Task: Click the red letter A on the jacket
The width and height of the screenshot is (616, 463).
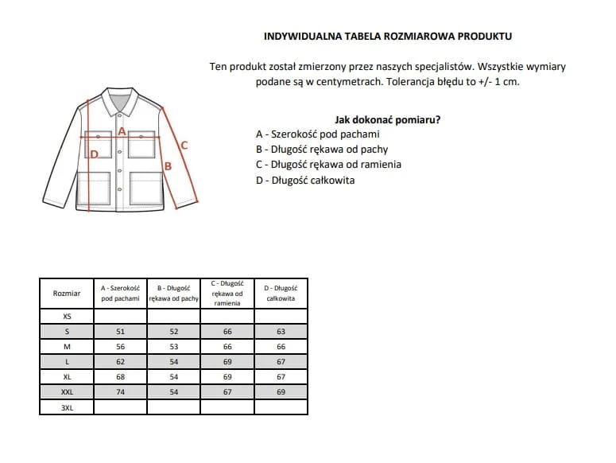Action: click(122, 130)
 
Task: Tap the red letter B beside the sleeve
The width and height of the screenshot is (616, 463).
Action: click(168, 166)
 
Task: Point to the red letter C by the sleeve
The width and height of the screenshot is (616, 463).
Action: click(184, 145)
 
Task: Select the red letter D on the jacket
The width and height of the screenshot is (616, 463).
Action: click(94, 154)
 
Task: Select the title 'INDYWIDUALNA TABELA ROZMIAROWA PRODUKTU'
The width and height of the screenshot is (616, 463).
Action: click(387, 36)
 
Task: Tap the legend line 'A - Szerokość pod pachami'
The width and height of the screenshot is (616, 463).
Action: click(318, 134)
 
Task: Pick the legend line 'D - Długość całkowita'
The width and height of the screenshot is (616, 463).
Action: click(305, 180)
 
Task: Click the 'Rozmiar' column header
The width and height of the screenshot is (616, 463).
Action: click(67, 294)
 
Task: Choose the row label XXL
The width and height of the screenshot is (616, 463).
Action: click(67, 392)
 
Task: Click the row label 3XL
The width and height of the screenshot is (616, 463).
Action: click(67, 407)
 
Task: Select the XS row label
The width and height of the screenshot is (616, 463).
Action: click(67, 317)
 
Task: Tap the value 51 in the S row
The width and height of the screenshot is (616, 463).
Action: click(120, 332)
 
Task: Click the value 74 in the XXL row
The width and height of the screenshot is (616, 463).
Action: click(120, 392)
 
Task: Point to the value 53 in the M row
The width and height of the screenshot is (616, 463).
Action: click(173, 347)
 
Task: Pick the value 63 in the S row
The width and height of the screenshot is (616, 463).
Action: click(281, 332)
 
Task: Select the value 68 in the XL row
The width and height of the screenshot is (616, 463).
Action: click(120, 377)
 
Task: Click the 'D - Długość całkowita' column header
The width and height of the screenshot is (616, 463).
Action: click(281, 293)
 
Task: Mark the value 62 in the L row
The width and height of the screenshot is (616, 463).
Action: click(120, 362)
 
